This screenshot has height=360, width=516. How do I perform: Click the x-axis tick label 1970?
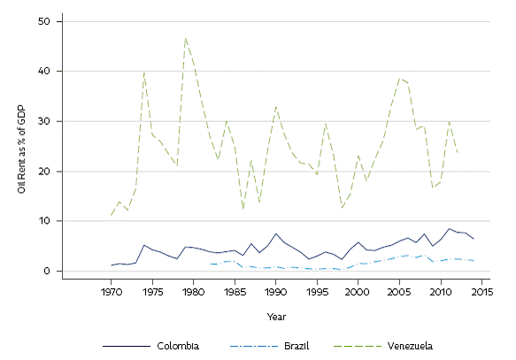111,291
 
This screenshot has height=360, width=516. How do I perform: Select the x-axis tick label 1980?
193,291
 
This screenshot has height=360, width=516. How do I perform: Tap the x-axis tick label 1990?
275,291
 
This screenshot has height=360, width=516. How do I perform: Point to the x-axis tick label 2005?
398,291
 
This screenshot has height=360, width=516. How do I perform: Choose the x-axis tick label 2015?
481,291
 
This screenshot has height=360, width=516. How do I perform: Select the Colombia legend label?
177,345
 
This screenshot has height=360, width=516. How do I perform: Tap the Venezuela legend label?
411,345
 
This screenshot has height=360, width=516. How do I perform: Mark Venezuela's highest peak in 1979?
185,38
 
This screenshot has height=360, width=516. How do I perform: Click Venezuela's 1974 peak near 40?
144,73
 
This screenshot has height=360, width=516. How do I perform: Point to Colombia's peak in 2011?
449,228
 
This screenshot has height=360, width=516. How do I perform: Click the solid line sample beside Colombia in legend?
125,345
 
